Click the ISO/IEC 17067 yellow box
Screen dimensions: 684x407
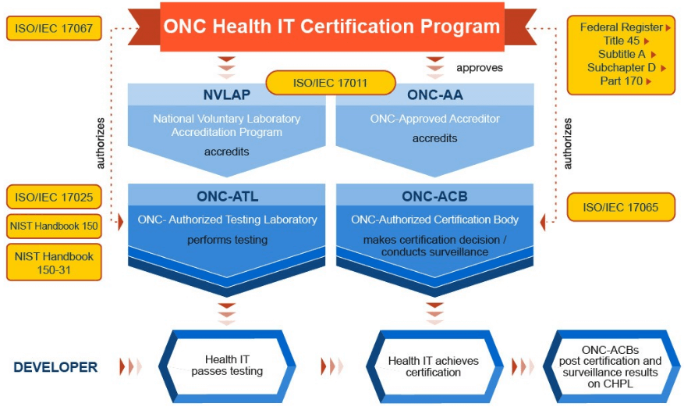click(54, 28)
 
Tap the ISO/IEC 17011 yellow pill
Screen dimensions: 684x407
click(331, 83)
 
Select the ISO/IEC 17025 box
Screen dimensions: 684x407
click(54, 197)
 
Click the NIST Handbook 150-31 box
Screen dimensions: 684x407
click(54, 262)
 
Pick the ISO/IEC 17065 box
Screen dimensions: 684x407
click(621, 207)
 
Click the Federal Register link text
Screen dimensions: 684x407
click(621, 27)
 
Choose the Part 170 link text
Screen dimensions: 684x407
click(621, 81)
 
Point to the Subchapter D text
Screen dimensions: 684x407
click(621, 68)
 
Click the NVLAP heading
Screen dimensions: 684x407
click(227, 95)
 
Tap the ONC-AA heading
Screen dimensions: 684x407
click(435, 95)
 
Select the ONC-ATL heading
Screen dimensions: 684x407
click(227, 196)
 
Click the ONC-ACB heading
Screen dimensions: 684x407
click(435, 196)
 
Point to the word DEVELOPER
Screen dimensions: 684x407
click(55, 367)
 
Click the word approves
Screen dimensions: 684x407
click(480, 68)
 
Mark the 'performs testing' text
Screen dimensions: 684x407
click(227, 240)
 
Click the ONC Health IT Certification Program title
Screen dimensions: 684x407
click(331, 27)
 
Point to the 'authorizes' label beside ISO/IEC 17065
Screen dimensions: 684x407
click(567, 144)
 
